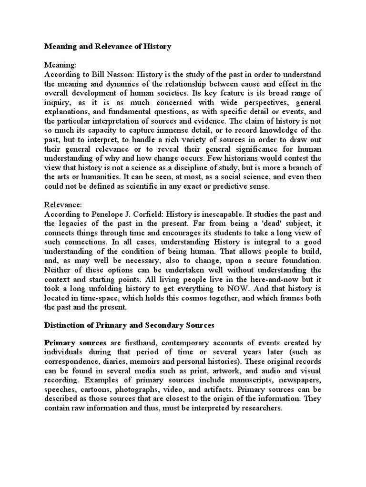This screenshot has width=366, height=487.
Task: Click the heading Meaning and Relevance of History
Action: [108, 47]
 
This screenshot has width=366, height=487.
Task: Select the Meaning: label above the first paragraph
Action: [60, 65]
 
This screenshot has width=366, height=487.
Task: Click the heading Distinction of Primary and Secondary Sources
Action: [129, 325]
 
